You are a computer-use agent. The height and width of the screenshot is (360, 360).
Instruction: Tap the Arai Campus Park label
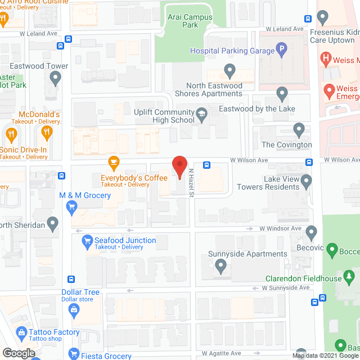coord(190,21)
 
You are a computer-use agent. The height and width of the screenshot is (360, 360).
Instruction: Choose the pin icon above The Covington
coord(299,130)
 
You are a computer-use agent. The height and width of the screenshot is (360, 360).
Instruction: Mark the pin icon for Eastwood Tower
coord(55,79)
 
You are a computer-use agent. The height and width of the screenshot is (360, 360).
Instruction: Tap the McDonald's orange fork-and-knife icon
coord(47,133)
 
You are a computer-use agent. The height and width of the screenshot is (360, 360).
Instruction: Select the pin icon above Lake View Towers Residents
coord(307,181)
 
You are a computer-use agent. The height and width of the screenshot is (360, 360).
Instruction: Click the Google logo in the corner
coord(18,353)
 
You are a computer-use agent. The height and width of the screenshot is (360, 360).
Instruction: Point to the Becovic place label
coord(310,247)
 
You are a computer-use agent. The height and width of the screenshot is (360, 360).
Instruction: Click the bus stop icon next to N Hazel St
coord(207,165)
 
